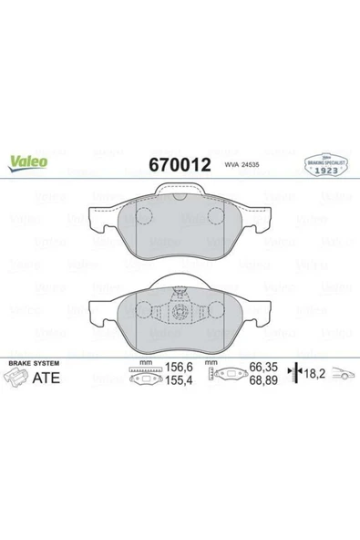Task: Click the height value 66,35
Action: tap(263, 371)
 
